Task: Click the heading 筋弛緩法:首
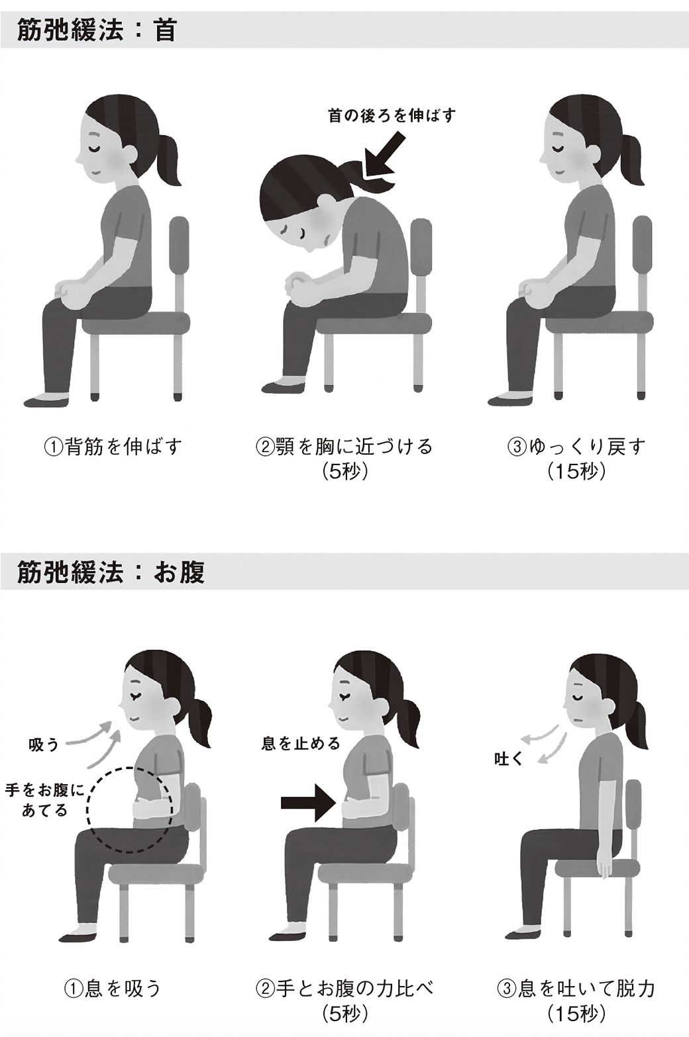pyautogui.click(x=96, y=30)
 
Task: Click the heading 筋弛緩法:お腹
pyautogui.click(x=110, y=572)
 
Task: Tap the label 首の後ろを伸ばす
pyautogui.click(x=392, y=115)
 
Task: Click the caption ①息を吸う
pyautogui.click(x=113, y=989)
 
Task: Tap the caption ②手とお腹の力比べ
pyautogui.click(x=344, y=989)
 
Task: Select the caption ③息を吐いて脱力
pyautogui.click(x=576, y=989)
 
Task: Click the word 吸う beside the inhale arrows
pyautogui.click(x=44, y=745)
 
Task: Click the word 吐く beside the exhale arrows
pyautogui.click(x=509, y=758)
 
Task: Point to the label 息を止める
pyautogui.click(x=301, y=744)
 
